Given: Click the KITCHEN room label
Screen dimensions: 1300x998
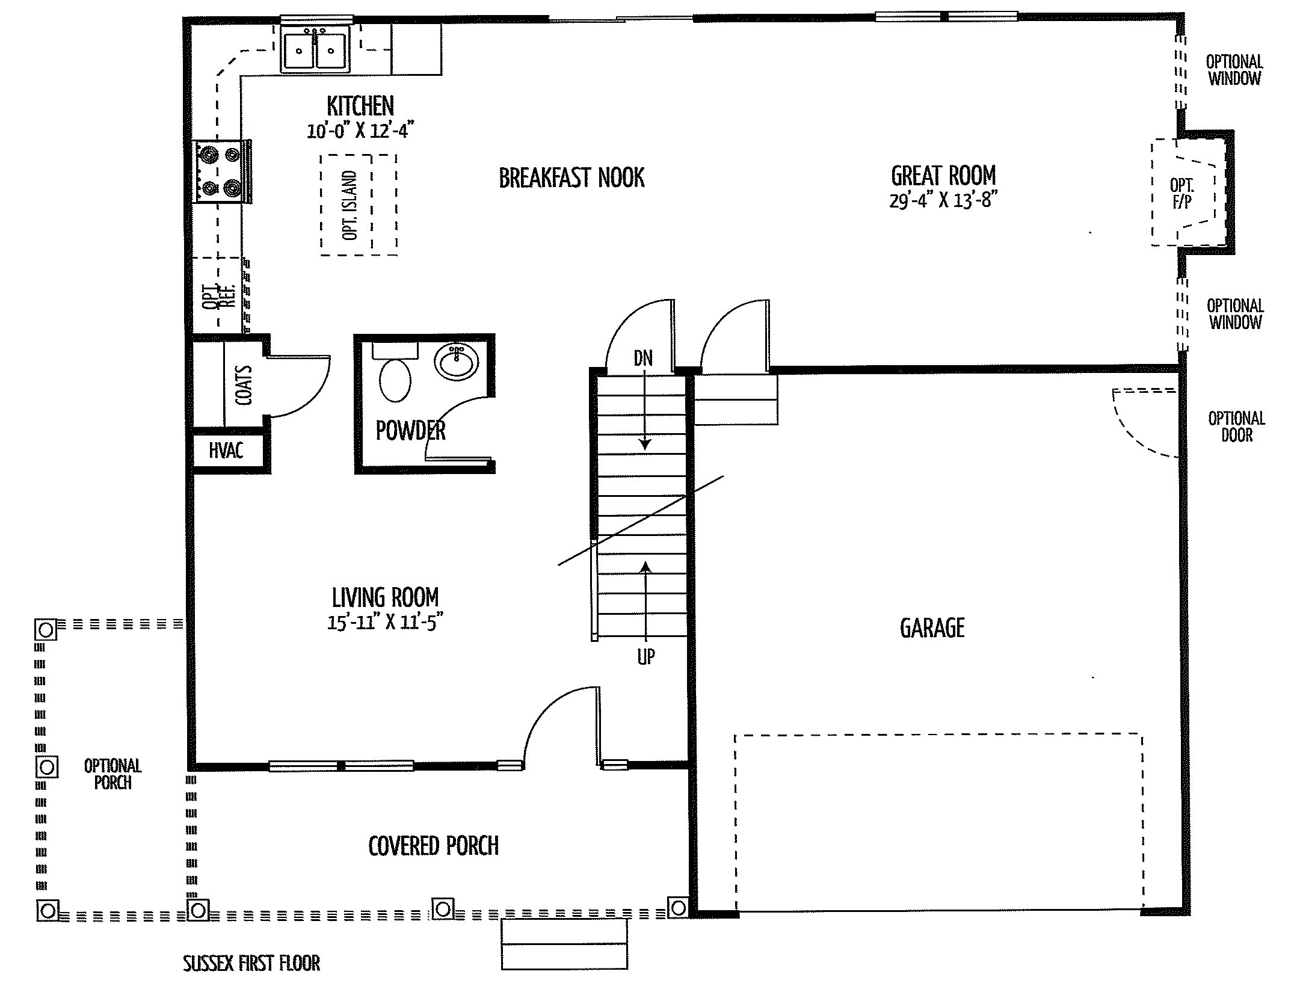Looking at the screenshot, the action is point(360,106).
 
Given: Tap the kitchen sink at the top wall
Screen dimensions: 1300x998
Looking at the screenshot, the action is point(315,49).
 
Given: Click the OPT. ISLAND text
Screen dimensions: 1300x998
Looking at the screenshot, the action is point(350,205).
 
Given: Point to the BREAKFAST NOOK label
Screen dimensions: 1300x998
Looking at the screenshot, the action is point(571,178).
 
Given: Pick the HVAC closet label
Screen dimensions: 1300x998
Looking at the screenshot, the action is point(226,451).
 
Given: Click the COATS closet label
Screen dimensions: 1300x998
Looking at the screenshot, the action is point(244,385).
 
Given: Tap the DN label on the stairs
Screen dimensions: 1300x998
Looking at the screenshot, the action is point(643,359).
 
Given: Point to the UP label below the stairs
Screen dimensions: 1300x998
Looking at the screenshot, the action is point(645,657).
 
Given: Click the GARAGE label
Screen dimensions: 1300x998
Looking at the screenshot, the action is point(932,628).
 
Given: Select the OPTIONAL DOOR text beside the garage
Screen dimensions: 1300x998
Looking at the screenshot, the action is point(1237,427).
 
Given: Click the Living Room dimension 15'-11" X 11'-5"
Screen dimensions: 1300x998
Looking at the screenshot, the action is point(384,622).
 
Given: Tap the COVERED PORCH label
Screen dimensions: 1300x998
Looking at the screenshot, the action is point(433,846).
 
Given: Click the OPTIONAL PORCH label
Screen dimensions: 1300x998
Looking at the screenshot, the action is point(113,774).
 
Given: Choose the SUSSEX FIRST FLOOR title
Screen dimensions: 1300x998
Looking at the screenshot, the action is point(251,963).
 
